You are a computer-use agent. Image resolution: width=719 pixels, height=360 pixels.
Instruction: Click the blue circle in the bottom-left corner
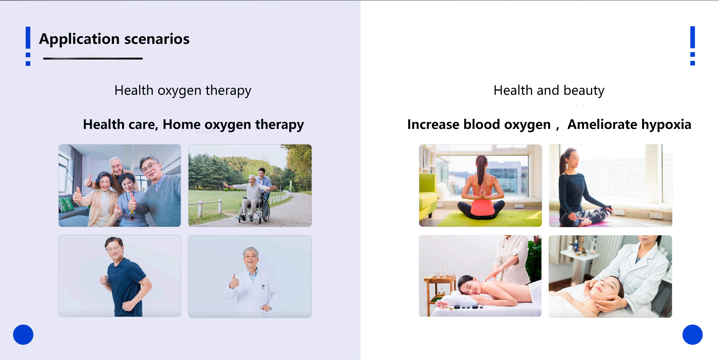click(23, 335)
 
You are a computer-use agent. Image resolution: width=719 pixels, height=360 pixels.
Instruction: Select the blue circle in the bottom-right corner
click(692, 335)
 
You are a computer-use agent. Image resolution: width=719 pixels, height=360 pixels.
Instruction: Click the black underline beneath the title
click(93, 58)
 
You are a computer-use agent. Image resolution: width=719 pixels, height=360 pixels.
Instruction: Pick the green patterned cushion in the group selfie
click(66, 205)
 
